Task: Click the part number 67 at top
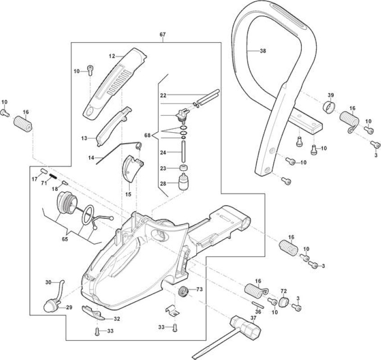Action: click(x=163, y=35)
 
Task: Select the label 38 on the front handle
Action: click(x=263, y=51)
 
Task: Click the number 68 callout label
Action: click(x=148, y=135)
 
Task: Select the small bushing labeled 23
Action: click(x=183, y=168)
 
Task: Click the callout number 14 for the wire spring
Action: click(x=91, y=158)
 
